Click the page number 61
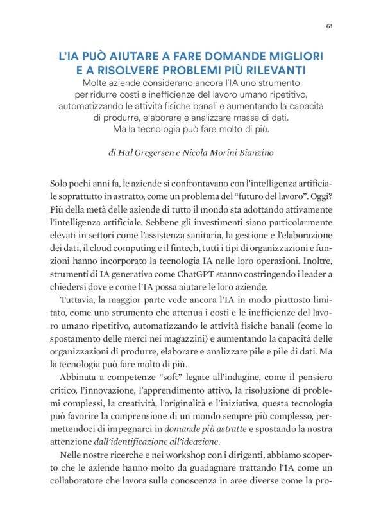click(x=329, y=26)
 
